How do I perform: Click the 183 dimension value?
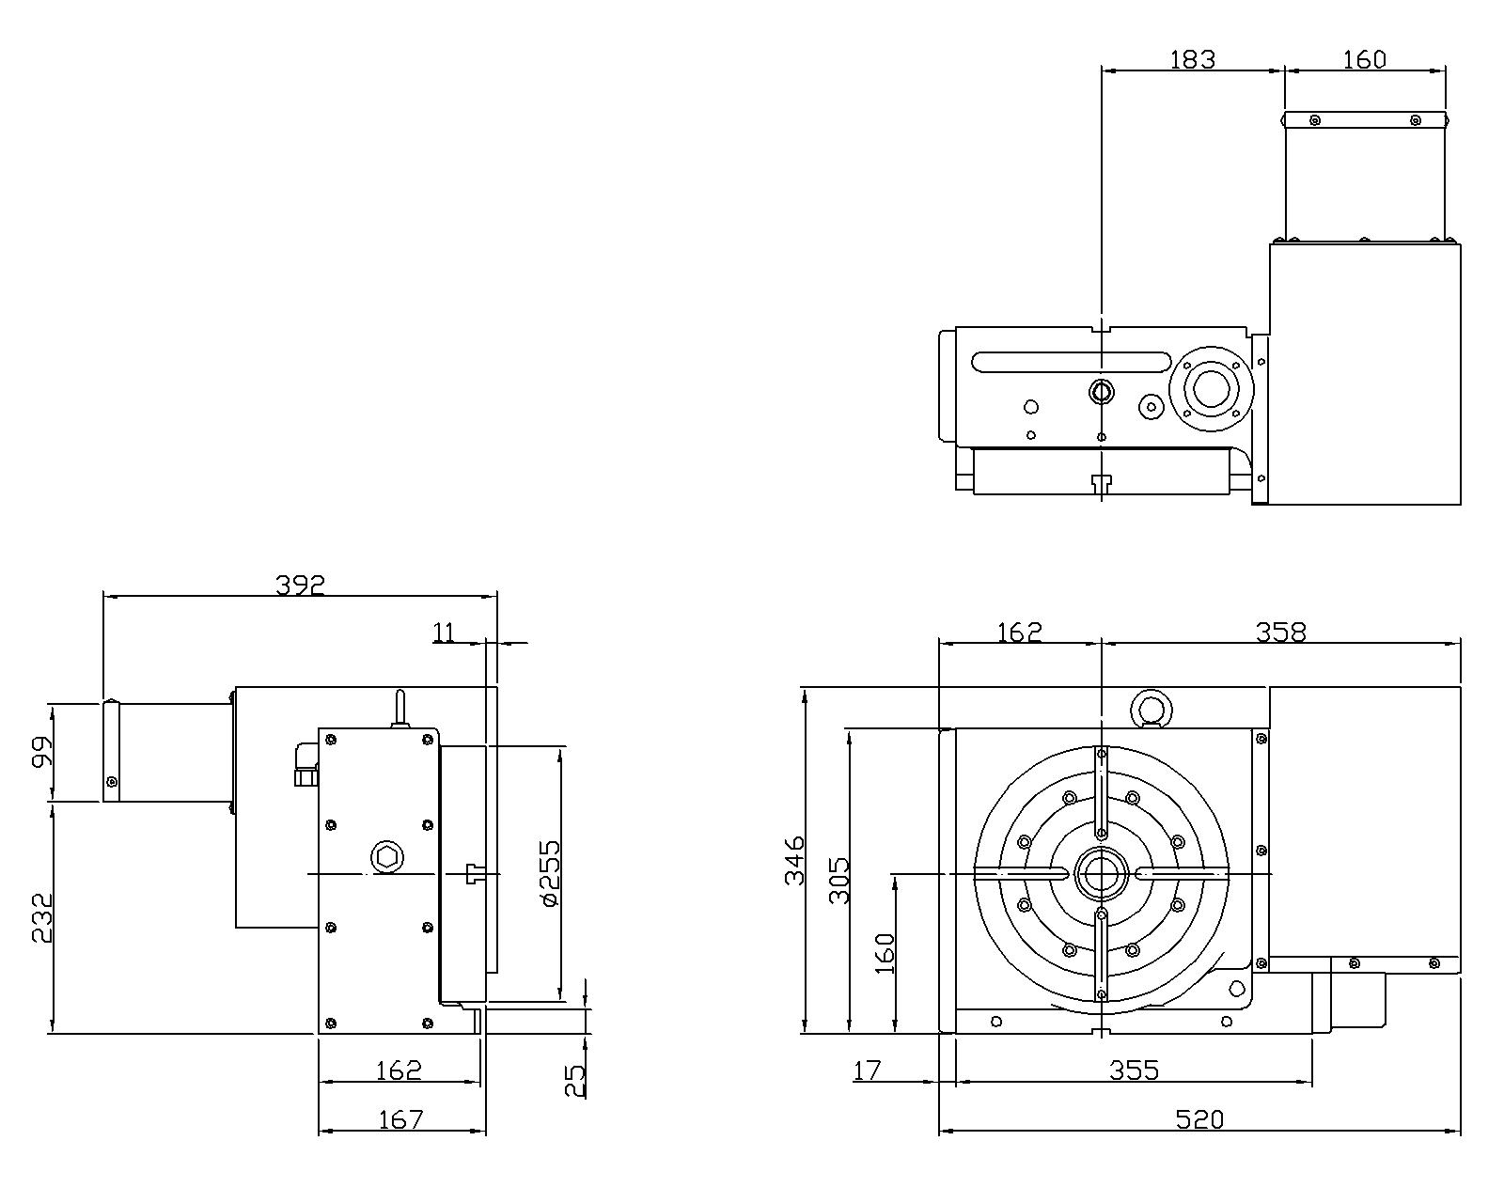tap(1192, 59)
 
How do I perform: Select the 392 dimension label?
tap(300, 585)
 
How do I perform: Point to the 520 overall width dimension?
tap(1200, 1119)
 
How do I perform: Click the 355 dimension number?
tap(1134, 1070)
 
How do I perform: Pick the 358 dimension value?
tap(1280, 633)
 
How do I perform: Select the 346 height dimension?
tap(795, 859)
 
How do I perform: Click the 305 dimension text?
tap(839, 880)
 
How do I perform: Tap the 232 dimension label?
tap(42, 917)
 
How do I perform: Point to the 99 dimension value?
tap(42, 753)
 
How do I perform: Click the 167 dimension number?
tap(400, 1119)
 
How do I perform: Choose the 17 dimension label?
tap(867, 1070)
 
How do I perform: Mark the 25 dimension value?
tap(574, 1080)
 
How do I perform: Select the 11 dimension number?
tap(444, 633)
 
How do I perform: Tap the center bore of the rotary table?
tap(1101, 874)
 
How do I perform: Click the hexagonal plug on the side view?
tap(385, 857)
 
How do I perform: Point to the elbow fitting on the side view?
tap(305, 762)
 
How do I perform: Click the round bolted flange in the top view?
tap(1211, 388)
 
